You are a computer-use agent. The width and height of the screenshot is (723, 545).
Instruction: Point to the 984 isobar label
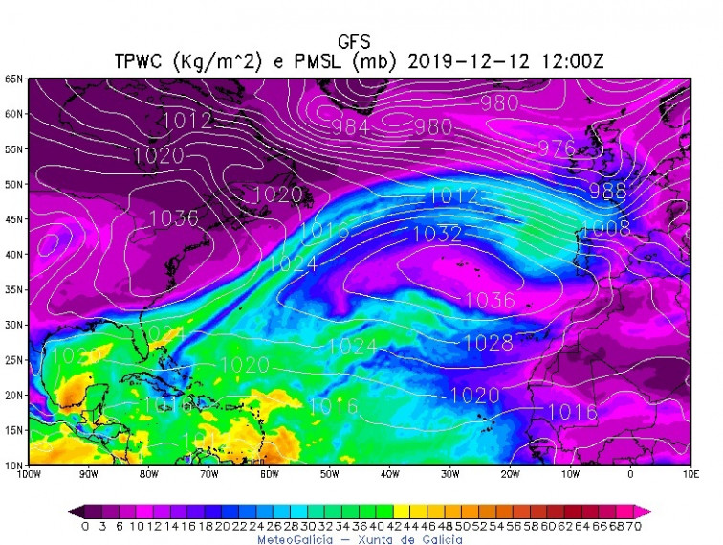[350, 126]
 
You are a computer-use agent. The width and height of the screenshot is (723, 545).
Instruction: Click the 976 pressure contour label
[557, 148]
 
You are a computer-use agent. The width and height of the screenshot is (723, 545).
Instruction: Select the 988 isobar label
[607, 190]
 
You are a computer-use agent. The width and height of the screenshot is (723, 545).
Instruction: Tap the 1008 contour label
[605, 228]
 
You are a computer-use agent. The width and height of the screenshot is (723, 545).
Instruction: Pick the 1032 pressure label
[437, 234]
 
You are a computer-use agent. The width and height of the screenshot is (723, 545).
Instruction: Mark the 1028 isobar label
[488, 342]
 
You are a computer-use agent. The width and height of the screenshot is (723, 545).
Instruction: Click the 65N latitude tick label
[13, 79]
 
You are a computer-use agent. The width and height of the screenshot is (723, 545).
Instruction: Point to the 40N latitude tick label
[13, 255]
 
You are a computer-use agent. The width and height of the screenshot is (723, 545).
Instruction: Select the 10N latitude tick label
[13, 466]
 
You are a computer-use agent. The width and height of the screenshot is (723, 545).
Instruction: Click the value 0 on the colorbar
[85, 526]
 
